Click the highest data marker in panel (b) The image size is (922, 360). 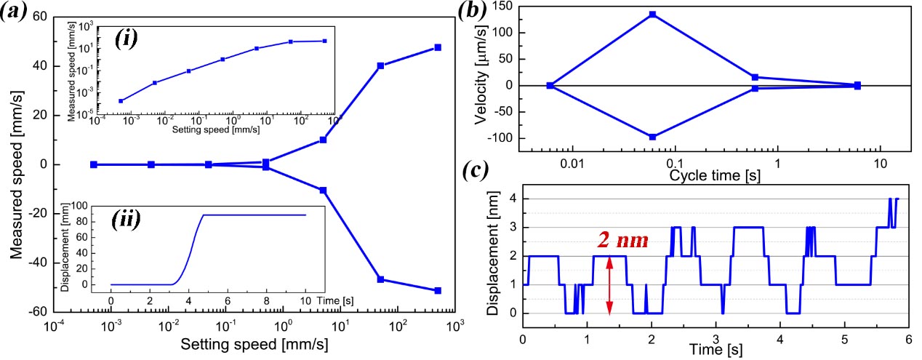[x=652, y=15]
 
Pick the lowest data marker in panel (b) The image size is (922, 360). [x=652, y=136]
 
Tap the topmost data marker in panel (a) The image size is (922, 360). [x=438, y=47]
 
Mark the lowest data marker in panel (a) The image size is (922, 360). [x=438, y=290]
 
